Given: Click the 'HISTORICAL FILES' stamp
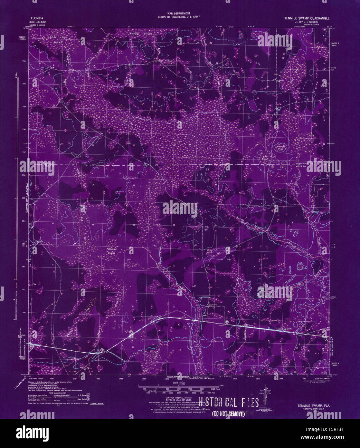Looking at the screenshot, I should [x=228, y=402].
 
